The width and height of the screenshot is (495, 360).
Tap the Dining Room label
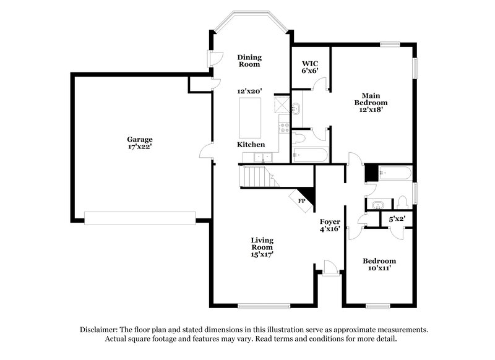coord(249,60)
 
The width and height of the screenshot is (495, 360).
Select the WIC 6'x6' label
coord(309,67)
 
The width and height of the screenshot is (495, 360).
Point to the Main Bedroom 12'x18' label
coord(371,102)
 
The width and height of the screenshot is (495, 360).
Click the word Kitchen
coord(251,144)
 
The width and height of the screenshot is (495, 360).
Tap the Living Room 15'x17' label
coord(262,246)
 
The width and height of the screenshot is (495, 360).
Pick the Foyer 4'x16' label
coord(330,225)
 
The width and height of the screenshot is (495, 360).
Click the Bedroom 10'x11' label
coord(379,264)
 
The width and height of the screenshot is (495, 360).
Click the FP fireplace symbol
coord(303,200)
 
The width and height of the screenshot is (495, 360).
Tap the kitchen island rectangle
coord(252,117)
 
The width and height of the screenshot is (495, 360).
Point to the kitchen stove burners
coord(285,128)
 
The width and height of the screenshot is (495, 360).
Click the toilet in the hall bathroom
coord(402,202)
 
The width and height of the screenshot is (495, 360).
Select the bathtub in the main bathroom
coord(309,155)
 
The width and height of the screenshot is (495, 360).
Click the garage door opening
coord(140,218)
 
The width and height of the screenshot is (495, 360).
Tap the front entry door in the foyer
coord(330,268)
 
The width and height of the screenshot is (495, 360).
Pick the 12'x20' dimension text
coord(249,91)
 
